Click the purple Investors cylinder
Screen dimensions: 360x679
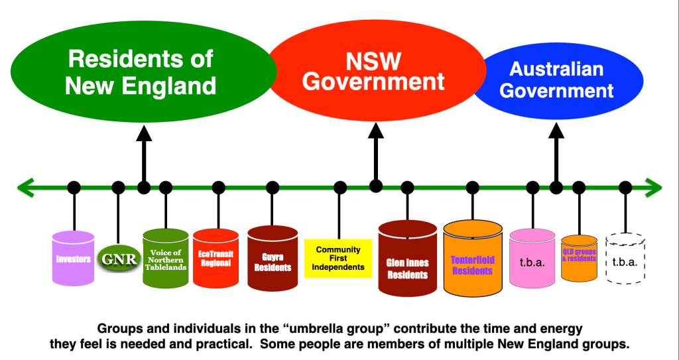(x=74, y=258)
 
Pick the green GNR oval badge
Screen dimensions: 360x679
(x=118, y=259)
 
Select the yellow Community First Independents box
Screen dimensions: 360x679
(x=338, y=259)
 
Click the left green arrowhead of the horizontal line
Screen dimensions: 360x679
(x=25, y=188)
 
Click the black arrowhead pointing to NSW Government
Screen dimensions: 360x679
(x=376, y=131)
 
